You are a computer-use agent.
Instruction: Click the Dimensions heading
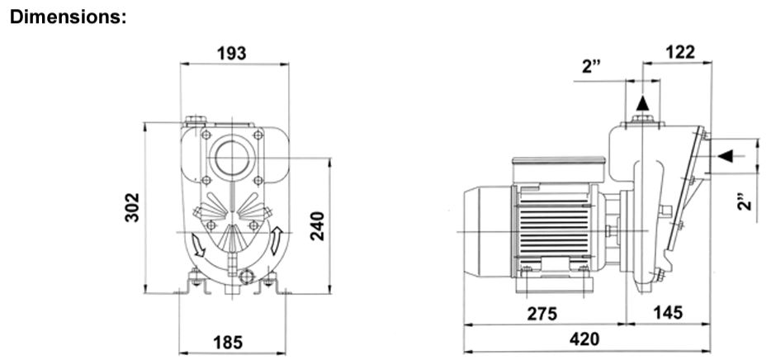coord(69,17)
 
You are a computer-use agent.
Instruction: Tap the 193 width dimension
coord(232,53)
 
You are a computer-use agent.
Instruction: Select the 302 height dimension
coord(132,207)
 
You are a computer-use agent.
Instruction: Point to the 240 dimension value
coord(318,225)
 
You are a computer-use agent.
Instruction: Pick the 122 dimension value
coord(680,52)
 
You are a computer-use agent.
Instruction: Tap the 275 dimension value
coord(543,313)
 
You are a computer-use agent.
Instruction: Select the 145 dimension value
coord(668,312)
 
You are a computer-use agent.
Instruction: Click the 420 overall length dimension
coord(585,339)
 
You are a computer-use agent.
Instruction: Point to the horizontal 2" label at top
coord(593,67)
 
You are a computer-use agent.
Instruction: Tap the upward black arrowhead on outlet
coord(642,103)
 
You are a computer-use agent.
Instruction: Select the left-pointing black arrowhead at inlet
coord(725,156)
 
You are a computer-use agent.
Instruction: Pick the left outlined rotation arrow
coord(198,245)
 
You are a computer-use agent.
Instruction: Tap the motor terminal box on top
coord(559,168)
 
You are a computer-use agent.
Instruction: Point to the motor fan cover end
coord(488,231)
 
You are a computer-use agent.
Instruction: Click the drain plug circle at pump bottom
coord(246,277)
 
